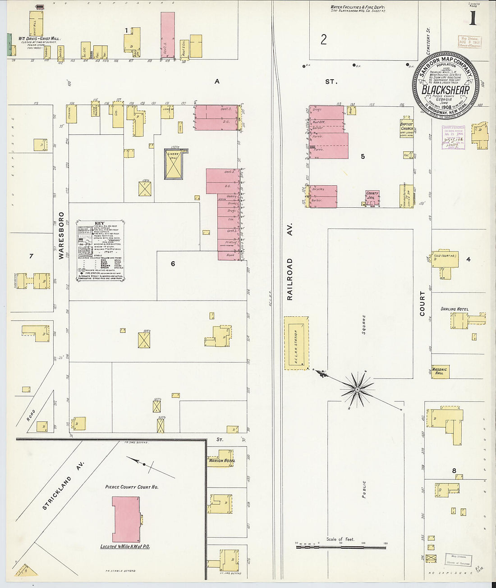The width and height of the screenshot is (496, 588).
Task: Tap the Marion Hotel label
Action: tap(222, 460)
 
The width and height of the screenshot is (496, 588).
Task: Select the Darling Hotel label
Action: tap(454, 309)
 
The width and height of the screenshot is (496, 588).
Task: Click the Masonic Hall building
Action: tap(440, 371)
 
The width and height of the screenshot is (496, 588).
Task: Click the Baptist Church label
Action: tap(407, 126)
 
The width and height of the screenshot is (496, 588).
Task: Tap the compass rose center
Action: tap(357, 388)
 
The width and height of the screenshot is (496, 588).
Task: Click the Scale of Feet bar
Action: tap(341, 547)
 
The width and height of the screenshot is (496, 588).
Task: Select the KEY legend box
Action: tap(101, 251)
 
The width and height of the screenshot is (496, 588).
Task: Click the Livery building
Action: tap(173, 164)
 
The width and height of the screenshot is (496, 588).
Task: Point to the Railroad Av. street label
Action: tap(290, 261)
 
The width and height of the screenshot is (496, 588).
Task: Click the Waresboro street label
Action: tap(61, 236)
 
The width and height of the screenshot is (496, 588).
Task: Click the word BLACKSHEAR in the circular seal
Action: tap(445, 90)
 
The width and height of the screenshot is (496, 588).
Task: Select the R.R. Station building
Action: tap(297, 342)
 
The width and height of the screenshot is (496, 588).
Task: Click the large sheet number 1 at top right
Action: tap(473, 19)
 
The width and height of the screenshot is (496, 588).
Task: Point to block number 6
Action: tap(173, 264)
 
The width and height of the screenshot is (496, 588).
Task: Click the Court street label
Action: tap(423, 303)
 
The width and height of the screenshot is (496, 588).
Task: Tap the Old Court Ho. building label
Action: tap(445, 256)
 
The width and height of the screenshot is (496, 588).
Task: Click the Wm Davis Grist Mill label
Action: tap(39, 39)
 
